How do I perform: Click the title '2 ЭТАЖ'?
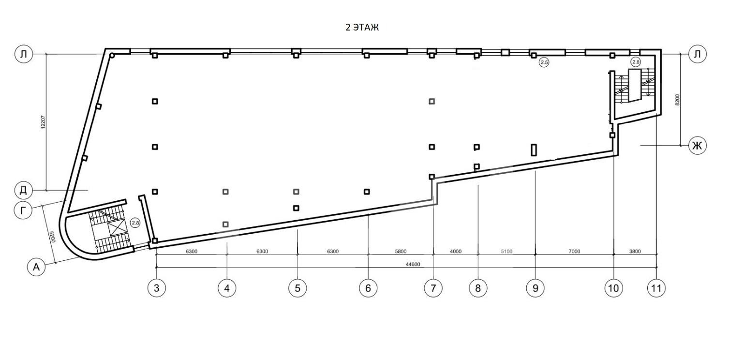362,28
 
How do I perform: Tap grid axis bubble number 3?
157,288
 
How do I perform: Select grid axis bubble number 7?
433,288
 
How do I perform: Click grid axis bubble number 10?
613,288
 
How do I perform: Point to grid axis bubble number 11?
656,288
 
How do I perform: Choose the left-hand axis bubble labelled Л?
24,54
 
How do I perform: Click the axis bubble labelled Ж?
698,146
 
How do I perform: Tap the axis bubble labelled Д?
23,190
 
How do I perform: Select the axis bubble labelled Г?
23,210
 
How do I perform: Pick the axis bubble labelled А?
36,267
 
